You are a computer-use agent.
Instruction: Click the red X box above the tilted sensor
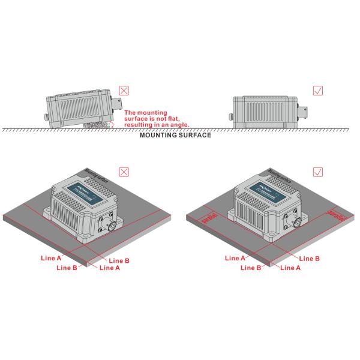[x=124, y=92]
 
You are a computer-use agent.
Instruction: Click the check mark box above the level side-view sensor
[x=319, y=92]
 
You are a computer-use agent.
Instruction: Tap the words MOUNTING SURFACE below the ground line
[x=175, y=136]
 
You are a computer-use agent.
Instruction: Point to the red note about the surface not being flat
[x=155, y=118]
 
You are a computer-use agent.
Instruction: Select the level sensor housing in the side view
[x=266, y=112]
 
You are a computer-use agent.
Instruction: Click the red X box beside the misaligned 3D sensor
[x=124, y=172]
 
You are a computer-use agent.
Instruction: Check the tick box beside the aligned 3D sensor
[x=319, y=172]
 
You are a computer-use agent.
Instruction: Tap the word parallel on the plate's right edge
[x=333, y=213]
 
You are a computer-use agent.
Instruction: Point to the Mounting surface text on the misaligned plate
[x=97, y=175]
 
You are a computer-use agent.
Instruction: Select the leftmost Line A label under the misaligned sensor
[x=51, y=258]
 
